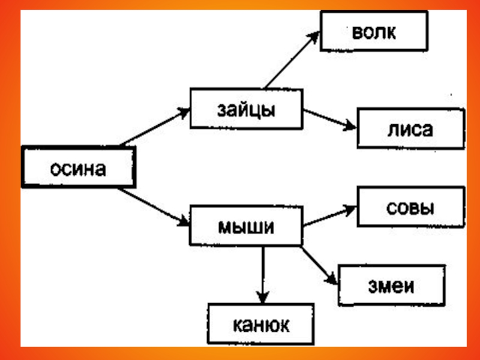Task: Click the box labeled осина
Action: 79,168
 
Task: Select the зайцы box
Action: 246,109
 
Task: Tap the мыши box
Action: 246,226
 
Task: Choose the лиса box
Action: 410,128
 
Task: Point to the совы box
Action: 410,207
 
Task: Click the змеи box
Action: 392,284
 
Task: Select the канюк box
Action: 261,324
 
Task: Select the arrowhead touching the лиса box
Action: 352,126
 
